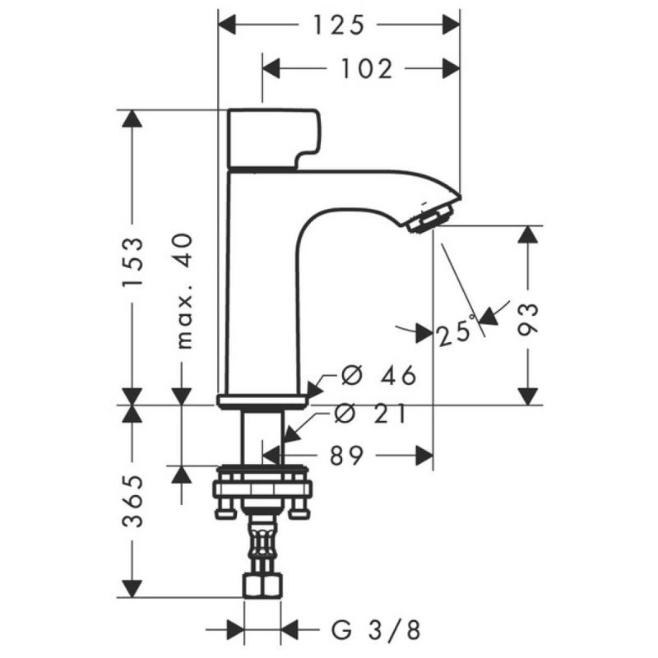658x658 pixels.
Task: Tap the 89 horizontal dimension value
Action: [x=346, y=456]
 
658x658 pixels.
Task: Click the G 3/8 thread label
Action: [x=377, y=631]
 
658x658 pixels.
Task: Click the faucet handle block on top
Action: [x=271, y=137]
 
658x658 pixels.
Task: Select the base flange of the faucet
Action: [x=263, y=401]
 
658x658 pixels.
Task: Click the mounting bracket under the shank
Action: [x=263, y=492]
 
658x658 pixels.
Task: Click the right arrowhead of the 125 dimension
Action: [x=451, y=25]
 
